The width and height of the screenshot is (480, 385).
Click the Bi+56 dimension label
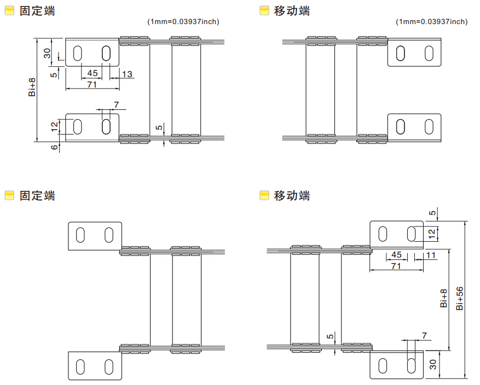point(460,299)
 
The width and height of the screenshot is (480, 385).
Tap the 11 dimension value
point(431,255)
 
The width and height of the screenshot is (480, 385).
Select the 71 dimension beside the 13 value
point(92,84)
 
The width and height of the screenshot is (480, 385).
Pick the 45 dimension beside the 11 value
point(397,255)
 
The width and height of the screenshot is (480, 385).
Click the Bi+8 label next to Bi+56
point(444,299)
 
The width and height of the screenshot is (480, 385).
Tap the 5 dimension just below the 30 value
point(54,74)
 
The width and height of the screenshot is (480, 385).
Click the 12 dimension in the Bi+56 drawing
point(432,234)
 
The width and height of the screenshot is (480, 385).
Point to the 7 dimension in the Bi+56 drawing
point(424,335)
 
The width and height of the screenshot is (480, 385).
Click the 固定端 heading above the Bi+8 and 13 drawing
point(37,10)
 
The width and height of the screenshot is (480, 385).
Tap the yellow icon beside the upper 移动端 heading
point(264,10)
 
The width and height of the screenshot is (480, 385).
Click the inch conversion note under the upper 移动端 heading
point(431,22)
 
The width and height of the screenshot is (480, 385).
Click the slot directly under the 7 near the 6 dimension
point(106,126)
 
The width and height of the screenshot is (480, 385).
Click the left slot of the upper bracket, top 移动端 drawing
point(401,52)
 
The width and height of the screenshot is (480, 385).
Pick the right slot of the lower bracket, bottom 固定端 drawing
point(109,366)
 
